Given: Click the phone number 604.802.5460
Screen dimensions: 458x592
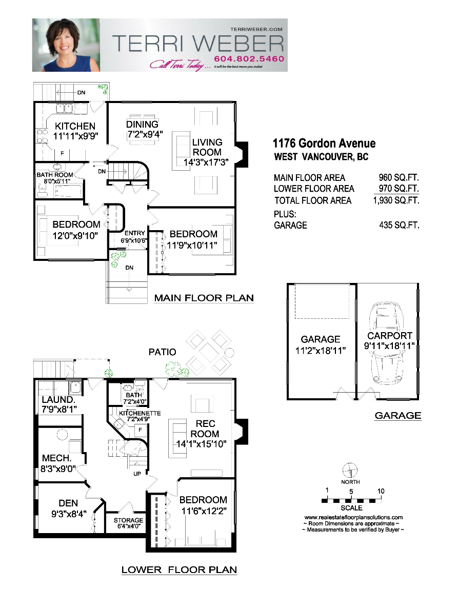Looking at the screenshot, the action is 249,59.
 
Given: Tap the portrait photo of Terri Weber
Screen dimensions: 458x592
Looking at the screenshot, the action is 66,45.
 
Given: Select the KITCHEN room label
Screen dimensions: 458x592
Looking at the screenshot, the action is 75,126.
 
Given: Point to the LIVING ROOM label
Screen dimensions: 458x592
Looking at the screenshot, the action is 207,147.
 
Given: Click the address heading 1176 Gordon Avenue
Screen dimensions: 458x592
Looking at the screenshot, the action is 324,144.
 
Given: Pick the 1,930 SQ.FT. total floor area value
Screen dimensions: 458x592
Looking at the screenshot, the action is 396,200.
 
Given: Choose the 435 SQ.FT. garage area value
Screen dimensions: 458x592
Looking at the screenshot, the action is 398,225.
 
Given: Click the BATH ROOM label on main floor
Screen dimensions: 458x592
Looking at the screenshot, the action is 55,175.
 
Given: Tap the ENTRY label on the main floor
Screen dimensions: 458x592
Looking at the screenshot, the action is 134,234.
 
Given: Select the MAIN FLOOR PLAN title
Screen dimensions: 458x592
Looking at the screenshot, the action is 204,298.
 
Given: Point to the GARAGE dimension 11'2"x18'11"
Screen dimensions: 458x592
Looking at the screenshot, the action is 320,351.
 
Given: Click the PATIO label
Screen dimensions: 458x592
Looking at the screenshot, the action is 162,352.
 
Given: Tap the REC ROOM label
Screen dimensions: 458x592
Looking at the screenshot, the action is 205,428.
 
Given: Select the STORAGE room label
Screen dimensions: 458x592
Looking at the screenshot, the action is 128,520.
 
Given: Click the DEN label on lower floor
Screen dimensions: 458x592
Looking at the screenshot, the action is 68,503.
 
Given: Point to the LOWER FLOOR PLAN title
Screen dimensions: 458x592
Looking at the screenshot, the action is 179,569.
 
